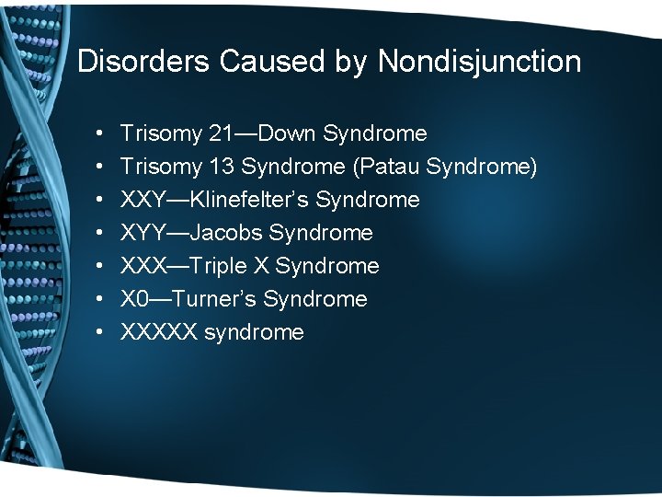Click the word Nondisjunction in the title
[x=479, y=62]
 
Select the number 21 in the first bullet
[x=221, y=133]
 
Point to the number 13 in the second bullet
[x=221, y=167]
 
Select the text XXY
[x=143, y=200]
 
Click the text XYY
[x=143, y=233]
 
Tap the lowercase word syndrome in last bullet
[x=254, y=332]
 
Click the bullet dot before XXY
[x=97, y=201]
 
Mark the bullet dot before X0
[x=97, y=300]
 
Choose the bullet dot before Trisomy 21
[x=97, y=134]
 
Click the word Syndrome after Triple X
[x=327, y=266]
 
